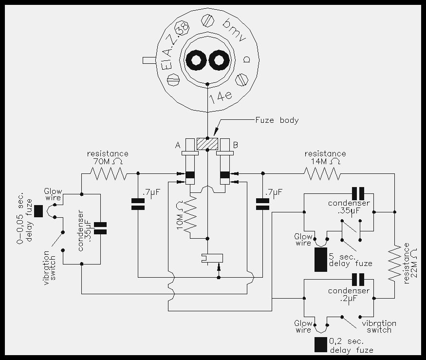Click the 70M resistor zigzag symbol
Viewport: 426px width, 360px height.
(109, 173)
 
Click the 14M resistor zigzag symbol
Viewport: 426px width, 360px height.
(322, 173)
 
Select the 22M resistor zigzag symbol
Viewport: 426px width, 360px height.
(395, 264)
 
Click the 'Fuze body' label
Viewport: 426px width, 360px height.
(277, 120)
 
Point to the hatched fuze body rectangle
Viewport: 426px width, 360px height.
(207, 144)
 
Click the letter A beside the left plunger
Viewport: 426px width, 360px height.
(178, 145)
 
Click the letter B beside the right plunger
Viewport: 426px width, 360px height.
(236, 145)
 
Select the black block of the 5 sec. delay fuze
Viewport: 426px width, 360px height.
(320, 259)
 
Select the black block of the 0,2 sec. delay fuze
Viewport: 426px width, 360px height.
(320, 345)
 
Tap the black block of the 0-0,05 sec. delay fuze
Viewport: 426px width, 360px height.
(38, 211)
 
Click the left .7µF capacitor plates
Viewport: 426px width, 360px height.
(138, 204)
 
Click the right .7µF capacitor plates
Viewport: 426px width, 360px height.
(263, 204)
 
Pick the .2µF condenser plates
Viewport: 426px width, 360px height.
(358, 280)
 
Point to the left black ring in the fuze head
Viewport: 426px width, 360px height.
(195, 60)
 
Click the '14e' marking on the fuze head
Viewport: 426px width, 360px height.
(221, 97)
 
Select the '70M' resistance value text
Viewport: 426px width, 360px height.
(101, 162)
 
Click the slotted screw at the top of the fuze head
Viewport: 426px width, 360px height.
(208, 20)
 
